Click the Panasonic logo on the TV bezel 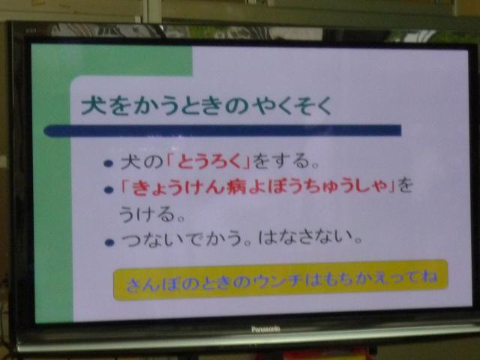click(x=265, y=329)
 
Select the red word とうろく click(x=209, y=160)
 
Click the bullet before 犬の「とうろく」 click(x=108, y=163)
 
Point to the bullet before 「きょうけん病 click(x=109, y=190)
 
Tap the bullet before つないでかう click(x=109, y=243)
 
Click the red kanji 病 click(x=237, y=186)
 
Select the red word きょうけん click(x=178, y=187)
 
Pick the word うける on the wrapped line click(x=147, y=214)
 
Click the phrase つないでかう click(x=181, y=238)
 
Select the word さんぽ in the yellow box click(x=152, y=284)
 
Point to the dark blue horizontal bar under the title click(x=223, y=130)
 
